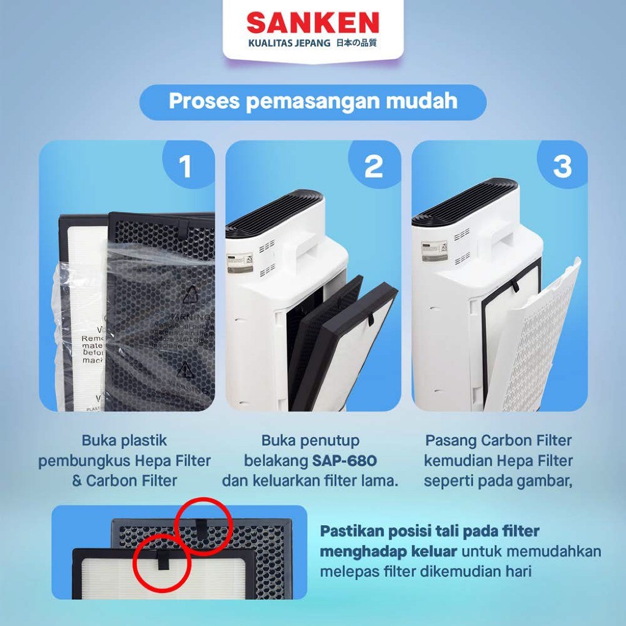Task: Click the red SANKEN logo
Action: click(x=312, y=23)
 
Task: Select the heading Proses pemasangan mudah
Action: click(x=312, y=101)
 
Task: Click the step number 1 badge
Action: click(x=185, y=167)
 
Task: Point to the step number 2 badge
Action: click(x=373, y=167)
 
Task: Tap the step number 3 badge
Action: click(x=562, y=167)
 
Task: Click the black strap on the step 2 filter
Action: click(x=370, y=319)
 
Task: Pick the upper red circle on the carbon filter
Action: click(x=202, y=525)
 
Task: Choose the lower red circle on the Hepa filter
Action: click(x=162, y=562)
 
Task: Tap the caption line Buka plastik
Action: click(x=124, y=440)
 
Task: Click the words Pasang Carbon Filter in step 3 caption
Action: click(x=498, y=440)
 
